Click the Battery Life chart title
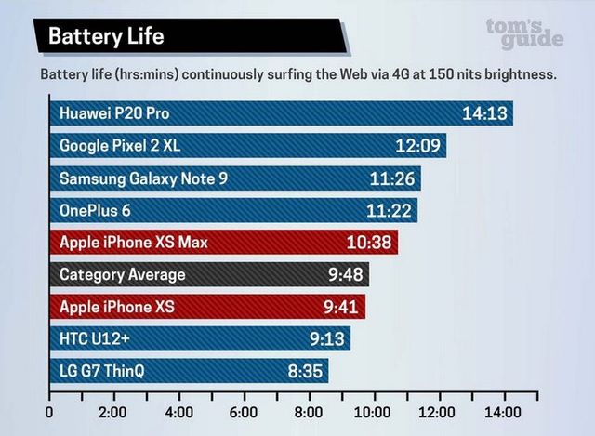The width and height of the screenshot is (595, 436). click(x=106, y=36)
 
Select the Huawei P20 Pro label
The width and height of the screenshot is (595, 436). click(x=114, y=113)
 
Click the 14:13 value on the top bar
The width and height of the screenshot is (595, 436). click(x=484, y=113)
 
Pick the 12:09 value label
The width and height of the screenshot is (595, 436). click(x=417, y=146)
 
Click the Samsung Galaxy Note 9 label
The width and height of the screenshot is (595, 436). click(x=143, y=178)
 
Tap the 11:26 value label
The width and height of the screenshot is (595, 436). click(x=392, y=178)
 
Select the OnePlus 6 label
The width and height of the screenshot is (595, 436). click(x=95, y=211)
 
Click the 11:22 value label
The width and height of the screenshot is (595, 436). click(x=389, y=211)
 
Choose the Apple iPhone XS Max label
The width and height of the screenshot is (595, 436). click(x=133, y=243)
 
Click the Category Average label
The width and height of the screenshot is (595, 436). click(x=122, y=275)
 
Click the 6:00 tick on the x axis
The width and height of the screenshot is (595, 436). click(x=244, y=413)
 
